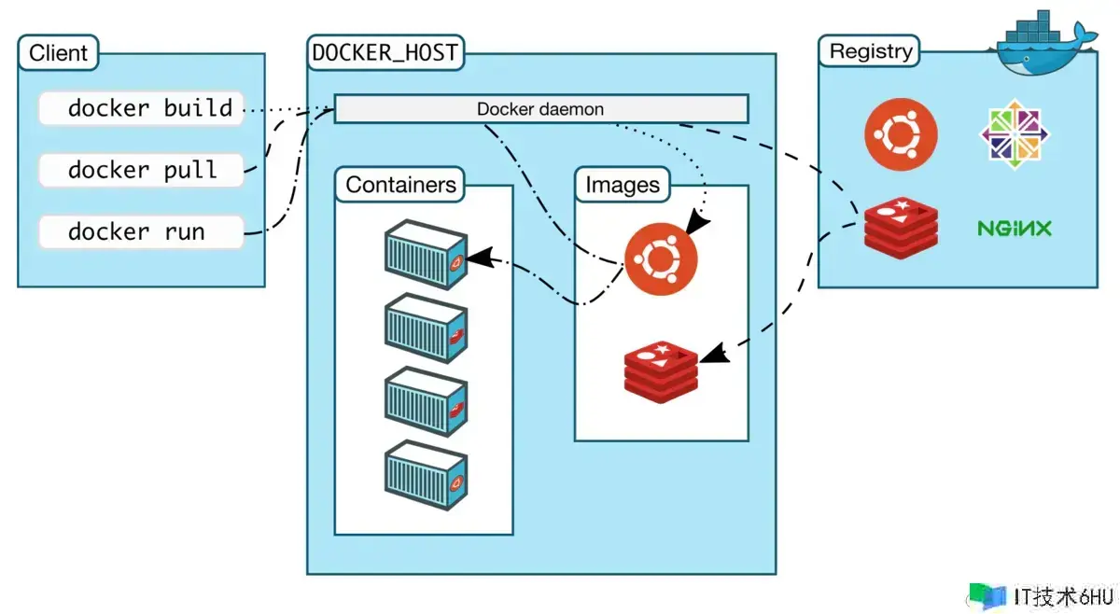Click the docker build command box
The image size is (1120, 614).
click(x=141, y=108)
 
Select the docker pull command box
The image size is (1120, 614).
click(x=141, y=170)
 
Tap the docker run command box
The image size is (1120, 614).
click(x=141, y=231)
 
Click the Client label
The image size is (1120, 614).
click(x=58, y=53)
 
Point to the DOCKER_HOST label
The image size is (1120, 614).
click(x=385, y=53)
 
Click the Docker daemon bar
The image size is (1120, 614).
click(x=540, y=109)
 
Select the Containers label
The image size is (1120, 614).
click(x=400, y=185)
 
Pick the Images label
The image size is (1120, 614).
click(x=622, y=185)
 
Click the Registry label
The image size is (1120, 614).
click(x=869, y=51)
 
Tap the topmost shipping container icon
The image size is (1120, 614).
click(x=426, y=256)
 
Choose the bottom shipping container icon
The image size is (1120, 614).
click(x=426, y=477)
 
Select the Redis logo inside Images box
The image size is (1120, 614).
click(x=661, y=370)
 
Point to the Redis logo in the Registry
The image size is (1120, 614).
click(x=899, y=227)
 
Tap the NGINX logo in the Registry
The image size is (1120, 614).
click(x=1015, y=228)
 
